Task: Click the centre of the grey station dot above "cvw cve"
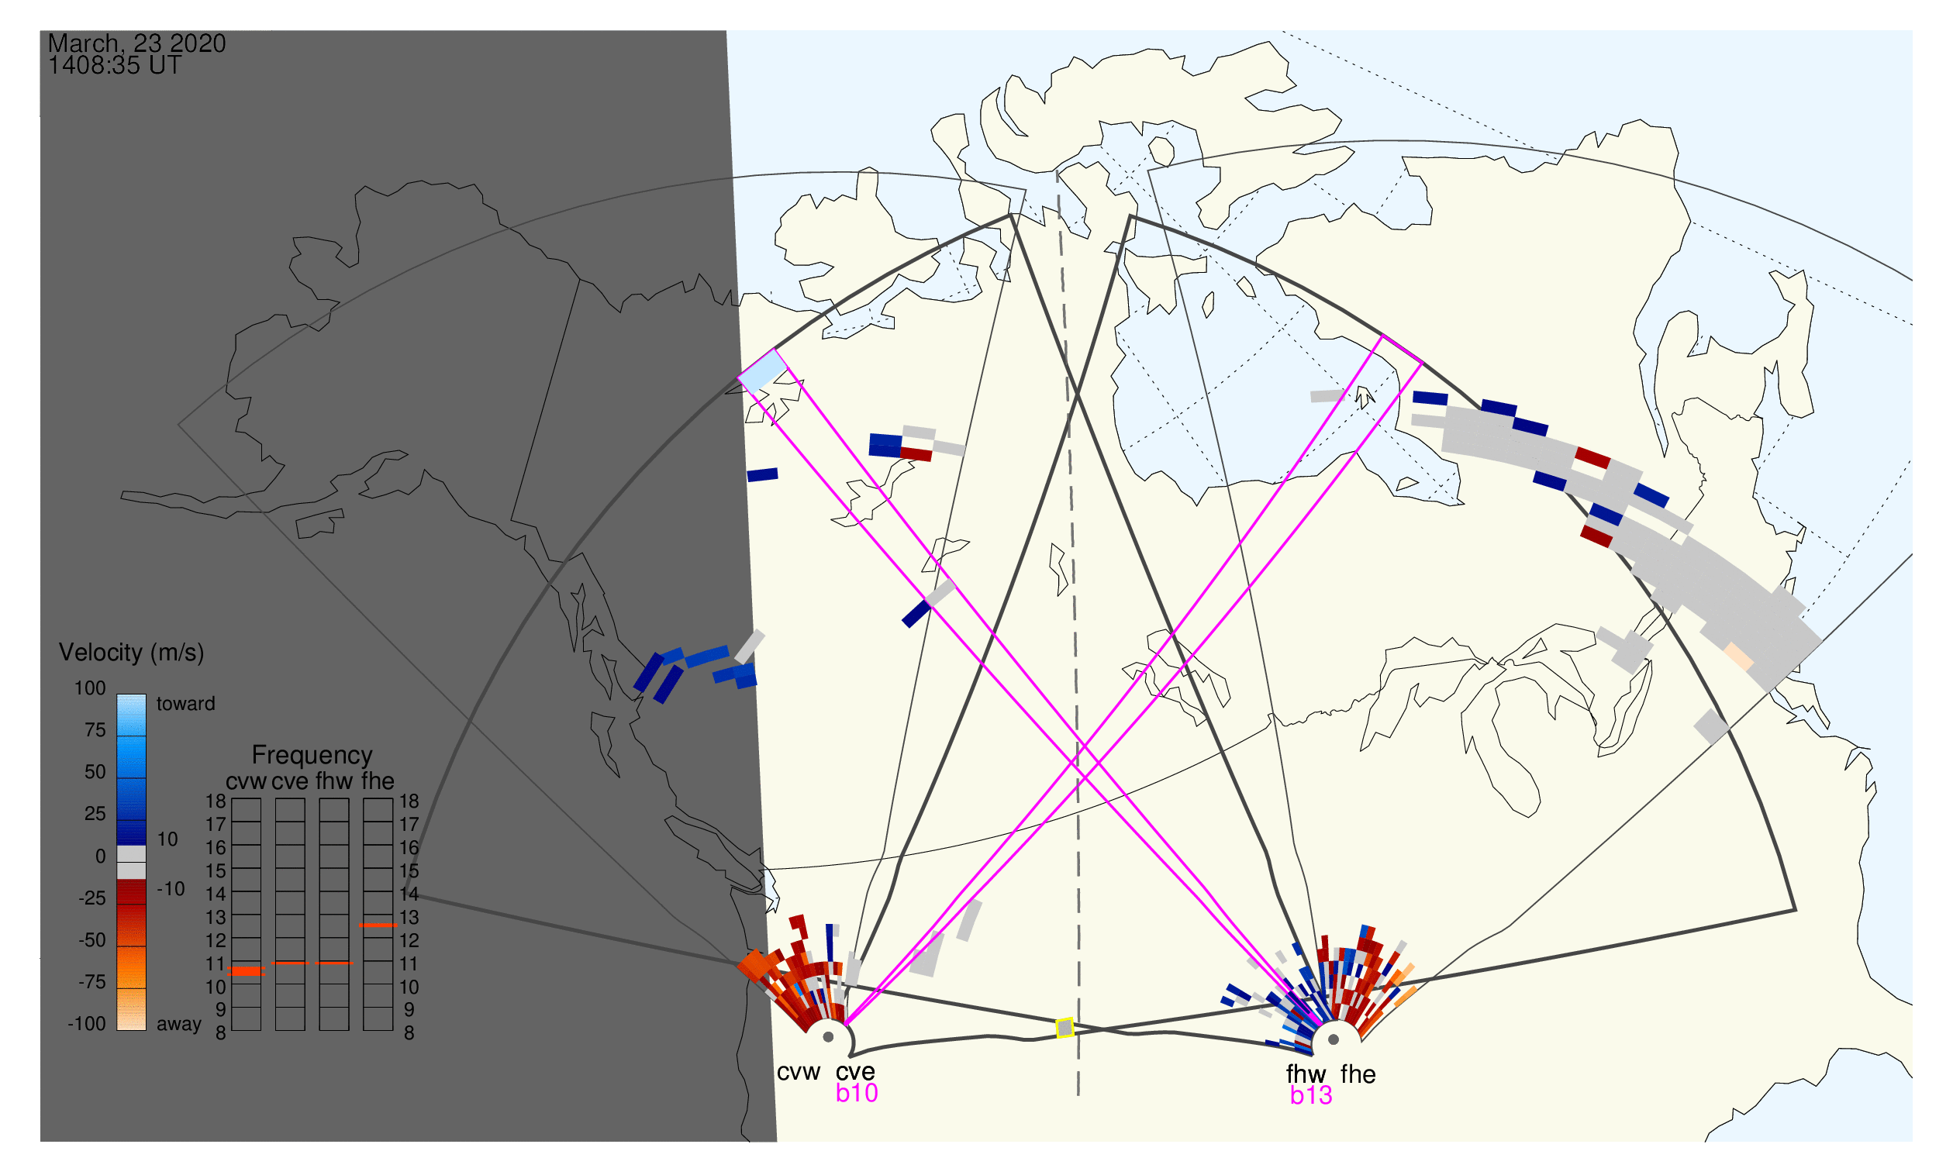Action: point(828,1037)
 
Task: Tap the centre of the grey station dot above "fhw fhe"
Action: point(1334,1039)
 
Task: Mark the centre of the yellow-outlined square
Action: point(1064,1029)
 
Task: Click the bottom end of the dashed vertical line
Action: point(1078,1094)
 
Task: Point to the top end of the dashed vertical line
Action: point(1058,171)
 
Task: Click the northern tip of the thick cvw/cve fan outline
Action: point(1011,215)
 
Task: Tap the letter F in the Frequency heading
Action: point(258,756)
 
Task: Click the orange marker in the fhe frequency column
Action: point(378,925)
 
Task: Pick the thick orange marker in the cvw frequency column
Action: point(246,971)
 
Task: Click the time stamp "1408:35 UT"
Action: point(115,66)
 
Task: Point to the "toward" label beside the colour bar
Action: point(186,704)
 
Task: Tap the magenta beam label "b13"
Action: point(1311,1096)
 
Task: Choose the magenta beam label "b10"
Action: point(857,1093)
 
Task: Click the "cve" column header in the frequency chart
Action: point(290,781)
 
